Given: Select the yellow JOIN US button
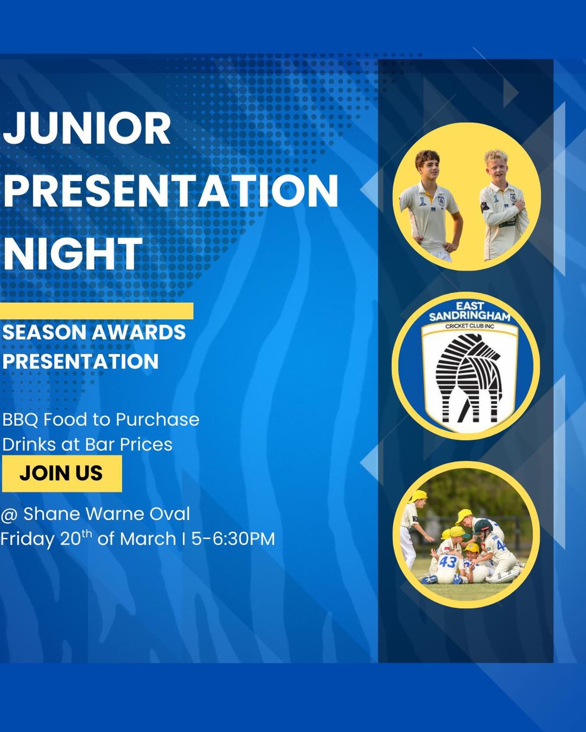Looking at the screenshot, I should (x=62, y=473).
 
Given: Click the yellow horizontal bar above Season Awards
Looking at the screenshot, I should (x=96, y=311).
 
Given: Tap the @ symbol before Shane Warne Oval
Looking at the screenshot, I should (x=10, y=514).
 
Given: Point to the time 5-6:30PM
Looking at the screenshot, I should (x=233, y=539).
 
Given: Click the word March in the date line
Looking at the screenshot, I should (x=148, y=539).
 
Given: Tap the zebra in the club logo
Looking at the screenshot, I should (x=470, y=377).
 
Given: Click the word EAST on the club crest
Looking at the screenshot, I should (x=470, y=306).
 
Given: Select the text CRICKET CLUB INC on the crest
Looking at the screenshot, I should (x=470, y=326).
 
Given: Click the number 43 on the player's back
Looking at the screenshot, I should (x=448, y=562).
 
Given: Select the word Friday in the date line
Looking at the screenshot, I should (x=28, y=539).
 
